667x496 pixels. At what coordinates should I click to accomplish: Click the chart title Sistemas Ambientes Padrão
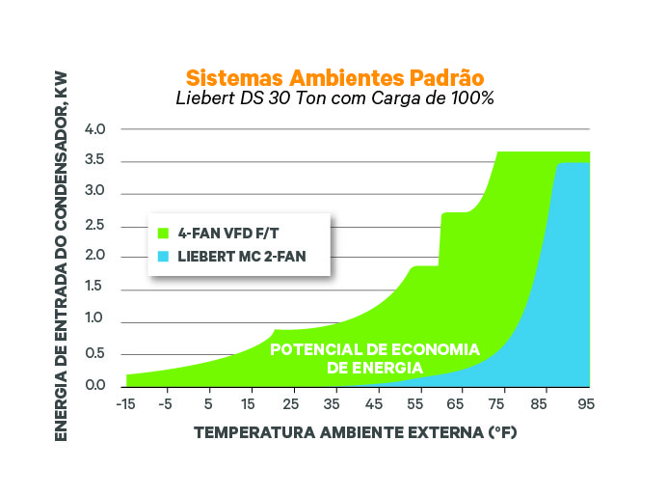pyautogui.click(x=333, y=76)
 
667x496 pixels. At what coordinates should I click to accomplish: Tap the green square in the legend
pyautogui.click(x=164, y=233)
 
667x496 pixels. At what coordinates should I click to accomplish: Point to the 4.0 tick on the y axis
pyautogui.click(x=94, y=129)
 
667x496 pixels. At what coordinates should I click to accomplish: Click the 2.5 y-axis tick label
pyautogui.click(x=94, y=225)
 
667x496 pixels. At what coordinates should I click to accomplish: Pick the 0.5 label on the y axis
pyautogui.click(x=94, y=353)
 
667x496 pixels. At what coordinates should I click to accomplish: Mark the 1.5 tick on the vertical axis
pyautogui.click(x=94, y=289)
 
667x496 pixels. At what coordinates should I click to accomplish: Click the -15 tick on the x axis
pyautogui.click(x=124, y=404)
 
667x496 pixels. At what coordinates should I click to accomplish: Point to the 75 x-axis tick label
pyautogui.click(x=499, y=404)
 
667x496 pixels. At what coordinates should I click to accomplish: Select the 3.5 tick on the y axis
pyautogui.click(x=94, y=161)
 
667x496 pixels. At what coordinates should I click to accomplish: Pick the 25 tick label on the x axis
pyautogui.click(x=291, y=404)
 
